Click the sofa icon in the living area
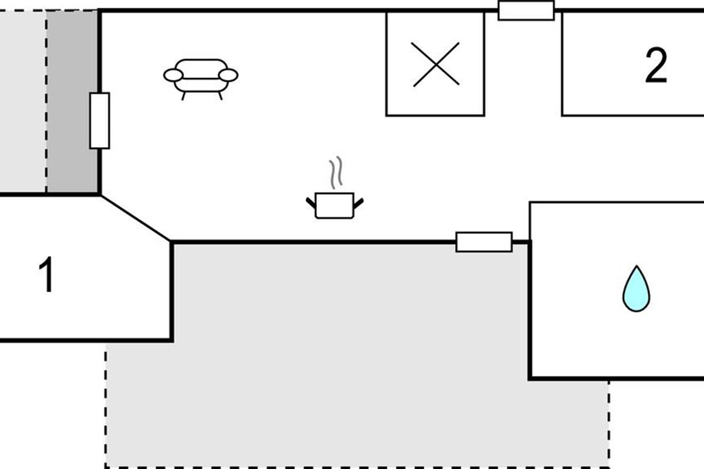[201, 79]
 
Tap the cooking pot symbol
[335, 205]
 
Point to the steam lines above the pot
[336, 172]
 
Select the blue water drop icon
[637, 288]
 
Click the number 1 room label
[47, 274]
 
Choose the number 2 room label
[656, 65]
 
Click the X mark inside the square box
[436, 64]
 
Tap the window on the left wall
[100, 121]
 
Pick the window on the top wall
[526, 11]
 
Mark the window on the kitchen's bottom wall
[484, 242]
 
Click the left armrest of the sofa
[173, 76]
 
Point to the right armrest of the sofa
[228, 76]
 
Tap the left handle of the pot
[311, 203]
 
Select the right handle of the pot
[358, 203]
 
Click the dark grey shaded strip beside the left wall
[72, 101]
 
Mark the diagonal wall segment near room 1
[136, 219]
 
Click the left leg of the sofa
[184, 96]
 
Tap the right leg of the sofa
[221, 96]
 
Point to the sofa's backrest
[201, 69]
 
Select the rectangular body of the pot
[335, 206]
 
